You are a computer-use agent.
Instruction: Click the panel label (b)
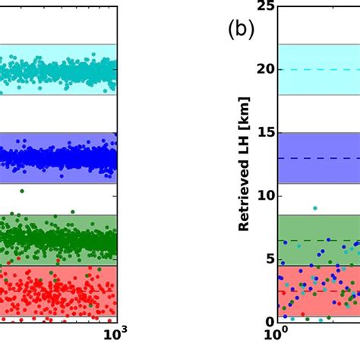tap(241, 30)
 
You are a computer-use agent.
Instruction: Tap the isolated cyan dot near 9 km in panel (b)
tap(314, 207)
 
